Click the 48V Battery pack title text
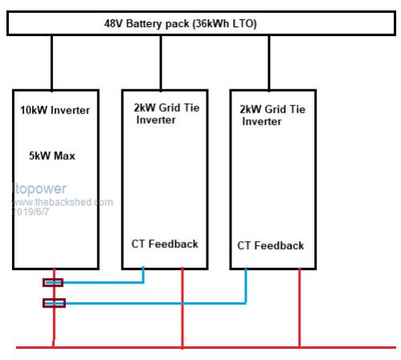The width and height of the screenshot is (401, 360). tap(180, 24)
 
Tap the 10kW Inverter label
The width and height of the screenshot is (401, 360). tap(55, 110)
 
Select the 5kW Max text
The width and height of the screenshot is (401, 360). tap(52, 156)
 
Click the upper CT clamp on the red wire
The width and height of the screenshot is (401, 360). tap(53, 283)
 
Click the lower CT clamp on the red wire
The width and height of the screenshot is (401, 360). tap(54, 303)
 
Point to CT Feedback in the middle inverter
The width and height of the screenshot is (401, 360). tap(165, 244)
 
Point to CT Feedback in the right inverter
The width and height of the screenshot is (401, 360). tap(271, 246)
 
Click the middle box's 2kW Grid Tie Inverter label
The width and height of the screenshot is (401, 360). tap(166, 114)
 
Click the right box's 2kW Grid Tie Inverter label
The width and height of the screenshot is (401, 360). tap(272, 115)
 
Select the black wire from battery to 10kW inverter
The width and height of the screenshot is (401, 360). tap(51, 63)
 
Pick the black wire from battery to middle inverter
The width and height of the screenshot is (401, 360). tap(161, 63)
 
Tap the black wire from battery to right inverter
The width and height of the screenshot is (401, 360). tap(269, 63)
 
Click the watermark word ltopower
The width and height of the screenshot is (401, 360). tap(39, 189)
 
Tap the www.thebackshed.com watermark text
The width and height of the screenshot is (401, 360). tap(63, 202)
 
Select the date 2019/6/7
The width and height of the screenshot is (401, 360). tap(31, 212)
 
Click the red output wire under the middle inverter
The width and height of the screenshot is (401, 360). tap(182, 308)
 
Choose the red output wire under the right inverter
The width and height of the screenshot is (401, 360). tap(299, 308)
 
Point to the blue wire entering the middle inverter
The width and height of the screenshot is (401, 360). tap(143, 275)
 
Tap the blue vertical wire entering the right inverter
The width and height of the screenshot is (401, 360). tap(246, 286)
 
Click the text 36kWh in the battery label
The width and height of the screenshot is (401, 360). tap(212, 24)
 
